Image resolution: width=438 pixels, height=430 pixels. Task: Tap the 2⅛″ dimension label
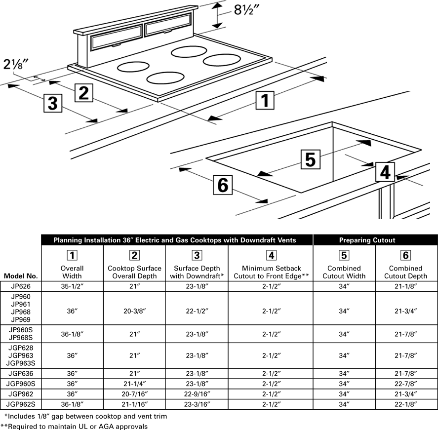[x=16, y=64]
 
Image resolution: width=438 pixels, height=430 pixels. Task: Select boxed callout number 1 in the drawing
[x=265, y=101]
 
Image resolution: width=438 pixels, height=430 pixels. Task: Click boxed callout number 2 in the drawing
[x=84, y=93]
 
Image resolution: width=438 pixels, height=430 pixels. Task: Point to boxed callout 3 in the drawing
[x=53, y=103]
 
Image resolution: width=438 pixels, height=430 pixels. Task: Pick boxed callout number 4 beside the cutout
[x=385, y=172]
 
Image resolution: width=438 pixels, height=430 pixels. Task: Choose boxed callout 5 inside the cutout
[x=310, y=159]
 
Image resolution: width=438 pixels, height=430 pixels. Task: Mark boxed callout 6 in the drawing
[x=223, y=185]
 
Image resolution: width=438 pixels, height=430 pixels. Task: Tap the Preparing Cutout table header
[x=367, y=240]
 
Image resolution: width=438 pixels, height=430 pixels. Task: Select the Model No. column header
[x=21, y=276]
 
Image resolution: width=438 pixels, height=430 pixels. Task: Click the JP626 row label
[x=21, y=286]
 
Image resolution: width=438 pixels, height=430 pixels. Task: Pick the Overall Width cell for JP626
[x=72, y=286]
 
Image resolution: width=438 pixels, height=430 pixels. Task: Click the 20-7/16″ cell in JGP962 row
[x=135, y=394]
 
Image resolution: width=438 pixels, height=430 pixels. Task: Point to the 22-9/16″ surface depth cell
[x=197, y=394]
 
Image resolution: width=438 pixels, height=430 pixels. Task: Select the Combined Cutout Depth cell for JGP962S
[x=405, y=404]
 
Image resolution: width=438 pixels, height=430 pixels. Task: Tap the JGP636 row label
[x=21, y=374]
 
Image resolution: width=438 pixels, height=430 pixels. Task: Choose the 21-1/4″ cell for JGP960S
[x=135, y=384]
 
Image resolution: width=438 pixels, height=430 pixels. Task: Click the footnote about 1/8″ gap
[x=85, y=416]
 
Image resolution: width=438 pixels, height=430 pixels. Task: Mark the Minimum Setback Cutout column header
[x=271, y=272]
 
